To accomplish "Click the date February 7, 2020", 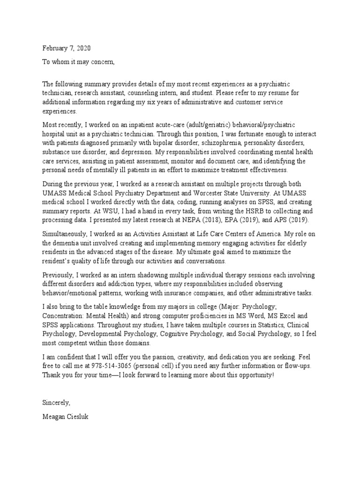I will (x=67, y=48).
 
